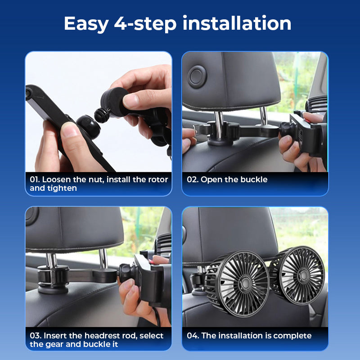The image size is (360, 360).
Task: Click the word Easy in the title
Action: [x=85, y=23]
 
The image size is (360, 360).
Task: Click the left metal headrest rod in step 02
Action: [x=218, y=120]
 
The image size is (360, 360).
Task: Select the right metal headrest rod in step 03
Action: [x=103, y=259]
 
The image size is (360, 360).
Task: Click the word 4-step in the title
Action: [x=144, y=23]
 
